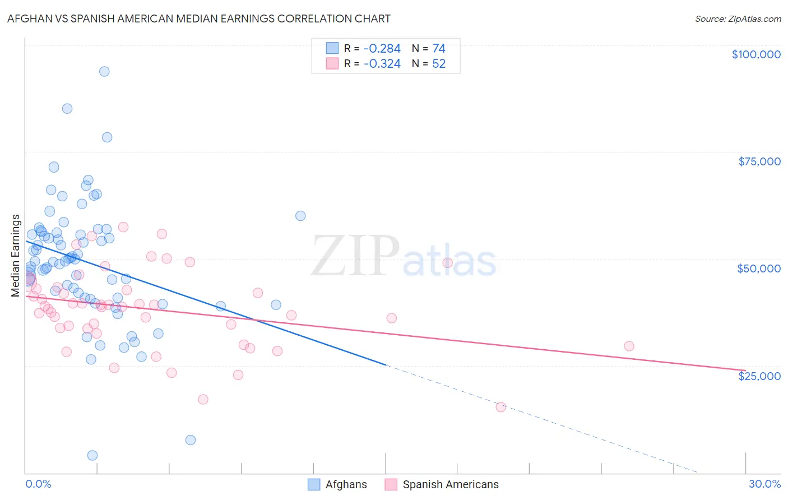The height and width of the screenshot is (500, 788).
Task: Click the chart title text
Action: pyautogui.click(x=199, y=18)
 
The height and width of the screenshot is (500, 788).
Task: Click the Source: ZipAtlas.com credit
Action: pyautogui.click(x=738, y=18)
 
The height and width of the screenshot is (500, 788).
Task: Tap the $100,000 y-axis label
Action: pyautogui.click(x=756, y=54)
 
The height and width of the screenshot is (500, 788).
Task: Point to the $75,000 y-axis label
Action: pyautogui.click(x=759, y=161)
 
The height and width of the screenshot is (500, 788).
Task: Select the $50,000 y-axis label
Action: pyautogui.click(x=759, y=268)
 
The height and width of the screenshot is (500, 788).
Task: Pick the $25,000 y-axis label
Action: pyautogui.click(x=759, y=376)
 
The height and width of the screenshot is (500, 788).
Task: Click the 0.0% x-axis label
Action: pyautogui.click(x=38, y=484)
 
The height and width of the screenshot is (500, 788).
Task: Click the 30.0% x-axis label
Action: pyautogui.click(x=764, y=484)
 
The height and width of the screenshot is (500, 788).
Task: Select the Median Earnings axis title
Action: pyautogui.click(x=16, y=256)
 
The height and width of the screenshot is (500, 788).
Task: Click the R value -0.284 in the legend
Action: pyautogui.click(x=382, y=49)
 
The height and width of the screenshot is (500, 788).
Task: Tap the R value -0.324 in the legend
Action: pyautogui.click(x=382, y=64)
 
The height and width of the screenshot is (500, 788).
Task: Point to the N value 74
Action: pyautogui.click(x=439, y=49)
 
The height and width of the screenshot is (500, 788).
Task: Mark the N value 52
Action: pyautogui.click(x=439, y=64)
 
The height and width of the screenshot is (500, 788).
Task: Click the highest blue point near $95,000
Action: pyautogui.click(x=104, y=71)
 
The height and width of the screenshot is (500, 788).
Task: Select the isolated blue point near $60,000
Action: pyautogui.click(x=300, y=216)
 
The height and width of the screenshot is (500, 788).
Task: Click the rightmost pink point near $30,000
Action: pyautogui.click(x=629, y=346)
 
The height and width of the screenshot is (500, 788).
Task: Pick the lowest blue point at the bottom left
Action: pyautogui.click(x=92, y=455)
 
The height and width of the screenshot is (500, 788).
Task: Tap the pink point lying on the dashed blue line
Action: pyautogui.click(x=500, y=407)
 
